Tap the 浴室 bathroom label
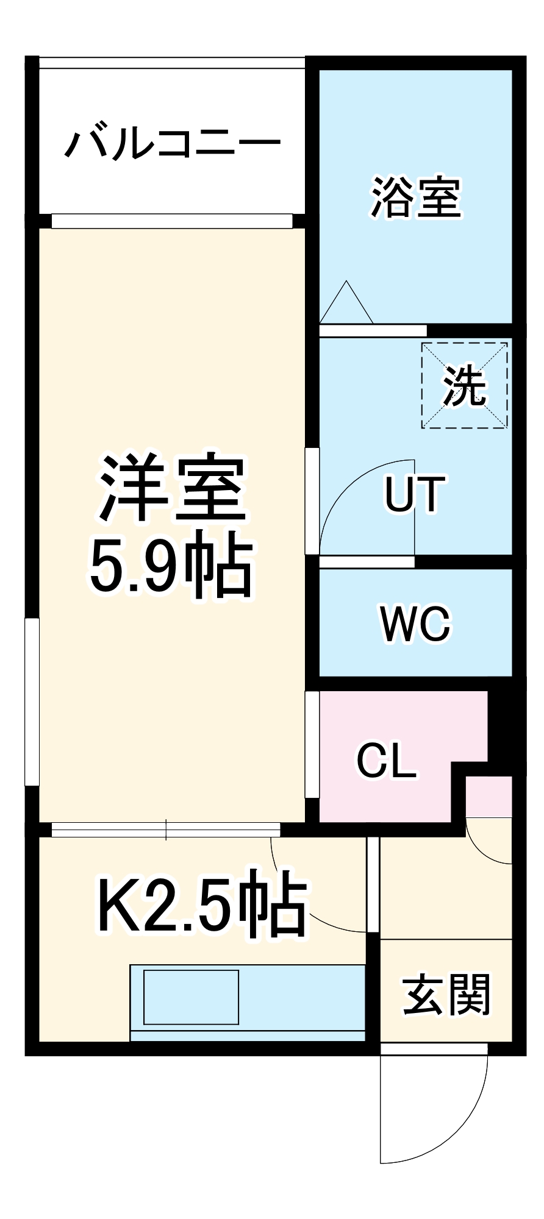(416, 197)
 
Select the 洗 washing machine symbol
(464, 386)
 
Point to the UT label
(415, 494)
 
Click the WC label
(415, 624)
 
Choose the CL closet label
(387, 760)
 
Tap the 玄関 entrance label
(446, 995)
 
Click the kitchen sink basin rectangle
(191, 997)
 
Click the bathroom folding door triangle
(346, 304)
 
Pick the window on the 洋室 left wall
(32, 702)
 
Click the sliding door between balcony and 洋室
(172, 221)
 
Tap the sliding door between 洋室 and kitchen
(166, 830)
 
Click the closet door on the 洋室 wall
(312, 744)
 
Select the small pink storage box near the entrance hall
(489, 796)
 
